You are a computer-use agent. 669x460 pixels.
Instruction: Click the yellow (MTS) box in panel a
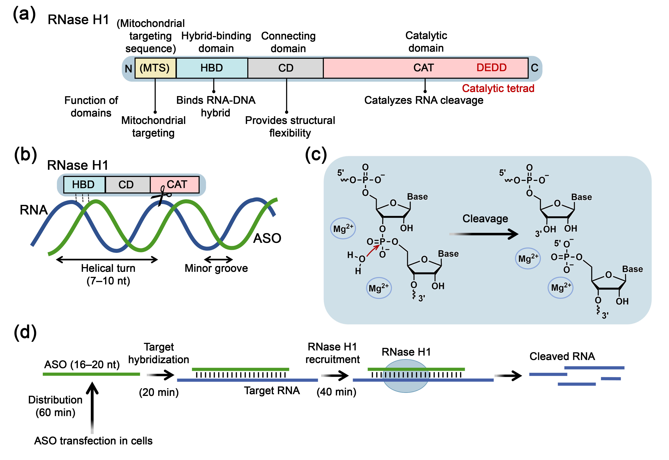(155, 68)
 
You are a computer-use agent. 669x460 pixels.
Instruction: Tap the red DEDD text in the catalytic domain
(491, 67)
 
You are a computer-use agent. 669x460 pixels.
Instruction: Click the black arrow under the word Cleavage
(484, 234)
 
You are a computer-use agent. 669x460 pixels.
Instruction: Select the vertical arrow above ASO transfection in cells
(92, 406)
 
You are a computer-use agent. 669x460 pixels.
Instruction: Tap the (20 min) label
(159, 392)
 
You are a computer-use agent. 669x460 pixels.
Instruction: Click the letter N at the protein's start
(128, 69)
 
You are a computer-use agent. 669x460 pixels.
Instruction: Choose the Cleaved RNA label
(562, 357)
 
